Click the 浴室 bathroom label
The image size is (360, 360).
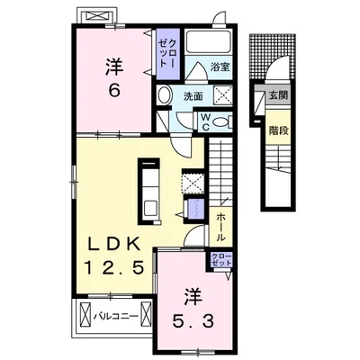(x=220, y=66)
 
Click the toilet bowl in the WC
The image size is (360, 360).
(x=224, y=120)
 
